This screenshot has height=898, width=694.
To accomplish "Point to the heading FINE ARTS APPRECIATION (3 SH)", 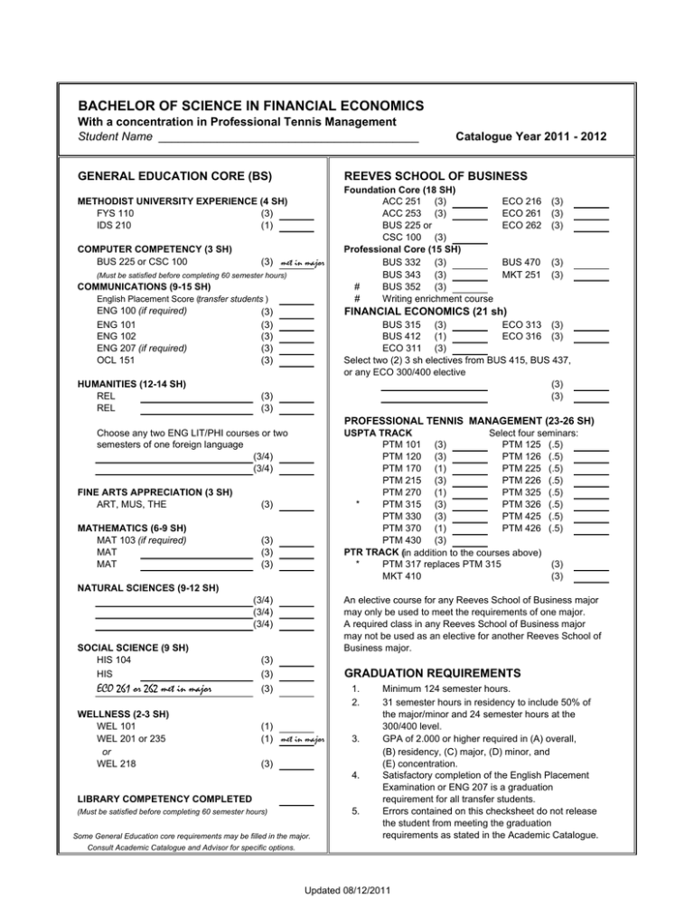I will (x=155, y=492).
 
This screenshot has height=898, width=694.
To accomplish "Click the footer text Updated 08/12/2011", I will (x=347, y=890).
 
